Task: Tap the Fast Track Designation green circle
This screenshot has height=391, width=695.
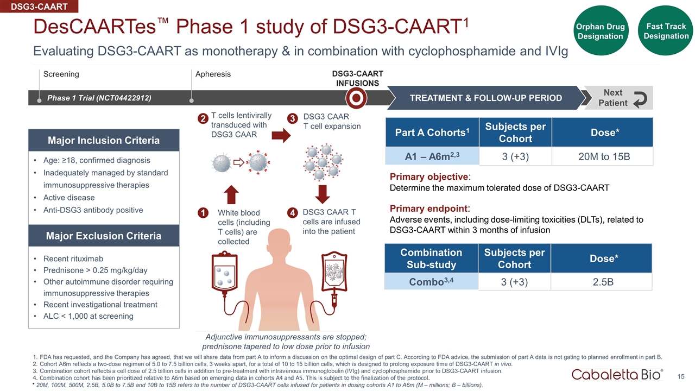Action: [x=666, y=31]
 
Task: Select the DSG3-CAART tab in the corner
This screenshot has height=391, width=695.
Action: [x=40, y=7]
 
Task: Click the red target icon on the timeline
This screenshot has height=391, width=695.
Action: [x=356, y=98]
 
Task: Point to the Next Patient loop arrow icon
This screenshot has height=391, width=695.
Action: [x=641, y=98]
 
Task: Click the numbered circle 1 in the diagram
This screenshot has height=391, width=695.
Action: [x=204, y=213]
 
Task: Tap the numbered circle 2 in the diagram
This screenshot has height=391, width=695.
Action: [x=203, y=118]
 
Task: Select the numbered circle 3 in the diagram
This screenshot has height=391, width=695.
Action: [x=292, y=118]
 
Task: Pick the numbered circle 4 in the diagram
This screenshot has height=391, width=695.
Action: [x=292, y=213]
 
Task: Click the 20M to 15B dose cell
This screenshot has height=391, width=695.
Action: [x=602, y=156]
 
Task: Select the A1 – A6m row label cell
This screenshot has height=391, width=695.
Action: [x=432, y=156]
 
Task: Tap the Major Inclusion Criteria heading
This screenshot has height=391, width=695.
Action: [x=103, y=141]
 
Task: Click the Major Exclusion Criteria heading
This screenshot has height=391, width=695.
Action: [x=103, y=236]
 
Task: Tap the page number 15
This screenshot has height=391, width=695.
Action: [x=681, y=376]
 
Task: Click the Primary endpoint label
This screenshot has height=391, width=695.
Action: [x=429, y=209]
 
